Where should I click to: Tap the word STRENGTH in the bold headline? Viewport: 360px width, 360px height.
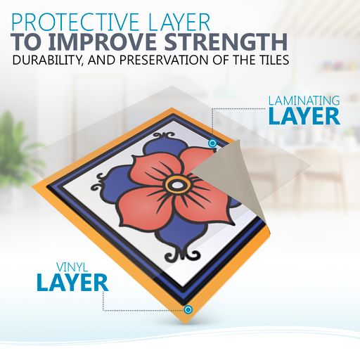coord(227,42)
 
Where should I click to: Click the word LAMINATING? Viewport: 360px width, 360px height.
coord(304,101)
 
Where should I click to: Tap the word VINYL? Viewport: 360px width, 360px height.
coord(72,267)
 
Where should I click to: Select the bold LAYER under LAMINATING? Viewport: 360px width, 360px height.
coord(304,117)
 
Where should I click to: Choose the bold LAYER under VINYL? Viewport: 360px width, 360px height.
coord(72,283)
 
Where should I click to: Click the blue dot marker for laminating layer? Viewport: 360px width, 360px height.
coord(212,143)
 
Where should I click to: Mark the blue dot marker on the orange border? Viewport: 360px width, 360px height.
coord(188,310)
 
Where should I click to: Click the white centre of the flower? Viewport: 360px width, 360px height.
coord(176,186)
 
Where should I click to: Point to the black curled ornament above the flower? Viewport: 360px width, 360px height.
coord(164,136)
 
